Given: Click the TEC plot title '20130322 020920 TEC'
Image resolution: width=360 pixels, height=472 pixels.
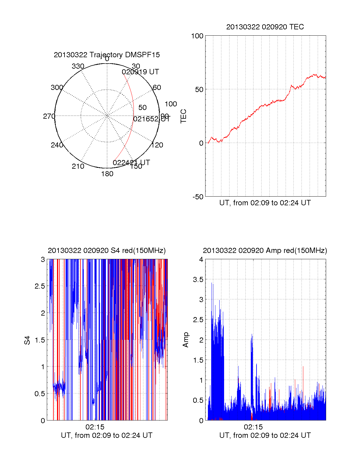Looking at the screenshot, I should pyautogui.click(x=265, y=27).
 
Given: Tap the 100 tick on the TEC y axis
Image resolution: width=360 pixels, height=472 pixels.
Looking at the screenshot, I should pyautogui.click(x=197, y=36).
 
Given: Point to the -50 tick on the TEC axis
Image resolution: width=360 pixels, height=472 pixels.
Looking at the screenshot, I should pyautogui.click(x=198, y=197).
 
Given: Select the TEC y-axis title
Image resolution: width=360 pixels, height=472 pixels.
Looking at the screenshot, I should pyautogui.click(x=184, y=116).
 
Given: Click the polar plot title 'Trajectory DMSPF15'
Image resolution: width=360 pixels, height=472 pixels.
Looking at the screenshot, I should pyautogui.click(x=107, y=55).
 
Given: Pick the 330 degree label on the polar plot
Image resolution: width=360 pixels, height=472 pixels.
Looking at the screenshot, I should pyautogui.click(x=78, y=66).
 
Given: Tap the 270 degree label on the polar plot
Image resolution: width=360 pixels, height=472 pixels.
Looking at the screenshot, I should pyautogui.click(x=49, y=116).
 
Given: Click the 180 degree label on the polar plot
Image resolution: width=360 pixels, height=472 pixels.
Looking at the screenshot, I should pyautogui.click(x=107, y=174).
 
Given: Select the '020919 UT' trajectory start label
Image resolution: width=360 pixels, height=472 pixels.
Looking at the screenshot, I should pyautogui.click(x=140, y=72).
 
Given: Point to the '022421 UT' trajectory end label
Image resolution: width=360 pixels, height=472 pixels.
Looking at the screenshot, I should pyautogui.click(x=131, y=163).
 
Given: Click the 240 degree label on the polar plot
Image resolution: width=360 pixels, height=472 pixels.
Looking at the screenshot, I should pyautogui.click(x=57, y=145).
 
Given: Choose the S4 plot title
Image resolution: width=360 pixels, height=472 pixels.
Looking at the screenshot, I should pyautogui.click(x=107, y=251).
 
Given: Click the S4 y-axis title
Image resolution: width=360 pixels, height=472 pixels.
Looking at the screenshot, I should pyautogui.click(x=27, y=340).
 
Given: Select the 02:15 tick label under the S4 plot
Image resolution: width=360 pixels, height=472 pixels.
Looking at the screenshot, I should pyautogui.click(x=95, y=427).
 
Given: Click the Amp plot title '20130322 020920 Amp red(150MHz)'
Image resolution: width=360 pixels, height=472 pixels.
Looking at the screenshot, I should pyautogui.click(x=265, y=251).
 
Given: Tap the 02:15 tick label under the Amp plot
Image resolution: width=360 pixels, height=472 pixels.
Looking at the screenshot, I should pyautogui.click(x=253, y=427).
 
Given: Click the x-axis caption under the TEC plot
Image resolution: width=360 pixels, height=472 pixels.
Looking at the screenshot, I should pyautogui.click(x=265, y=203).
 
